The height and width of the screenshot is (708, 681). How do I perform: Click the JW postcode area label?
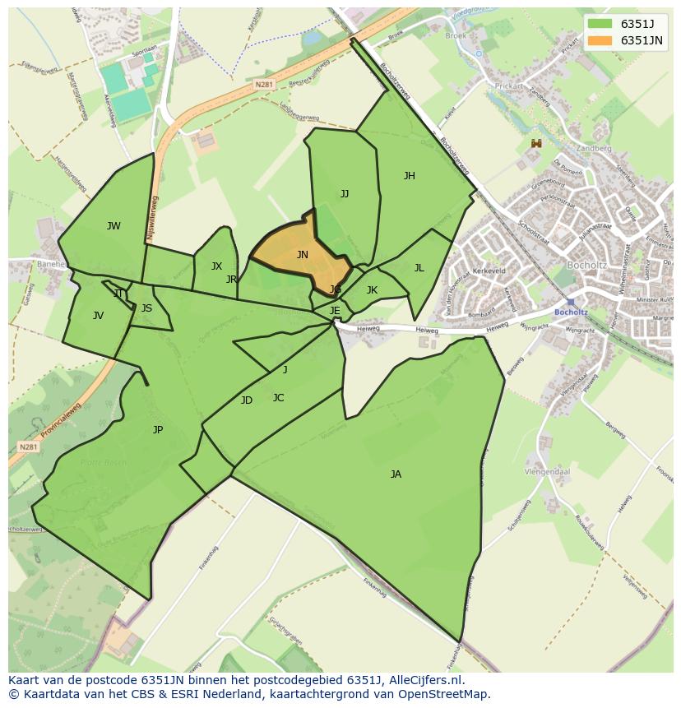[113, 226]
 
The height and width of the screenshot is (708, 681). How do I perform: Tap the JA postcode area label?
[396, 474]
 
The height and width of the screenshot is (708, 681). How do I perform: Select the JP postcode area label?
[158, 430]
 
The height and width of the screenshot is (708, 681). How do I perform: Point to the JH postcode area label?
[409, 176]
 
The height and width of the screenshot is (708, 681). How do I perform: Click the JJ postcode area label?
[345, 194]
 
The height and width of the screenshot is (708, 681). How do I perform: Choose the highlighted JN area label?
[303, 255]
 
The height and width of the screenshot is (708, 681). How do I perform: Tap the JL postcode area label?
[419, 268]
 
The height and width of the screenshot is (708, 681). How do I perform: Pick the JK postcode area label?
[372, 290]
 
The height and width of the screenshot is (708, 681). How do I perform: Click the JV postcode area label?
[98, 316]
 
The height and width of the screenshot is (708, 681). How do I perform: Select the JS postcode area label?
[146, 309]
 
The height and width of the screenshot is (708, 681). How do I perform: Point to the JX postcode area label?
[216, 266]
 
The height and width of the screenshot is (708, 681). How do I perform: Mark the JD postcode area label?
[247, 400]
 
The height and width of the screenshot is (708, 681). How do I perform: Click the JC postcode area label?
[278, 398]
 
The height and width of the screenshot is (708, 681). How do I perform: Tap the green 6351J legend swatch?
[600, 24]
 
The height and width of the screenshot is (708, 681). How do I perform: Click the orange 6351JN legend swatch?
[600, 40]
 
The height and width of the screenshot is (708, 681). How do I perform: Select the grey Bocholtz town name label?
[587, 266]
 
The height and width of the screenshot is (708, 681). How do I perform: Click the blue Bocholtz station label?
[570, 312]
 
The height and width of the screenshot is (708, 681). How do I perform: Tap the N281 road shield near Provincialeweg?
[28, 447]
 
